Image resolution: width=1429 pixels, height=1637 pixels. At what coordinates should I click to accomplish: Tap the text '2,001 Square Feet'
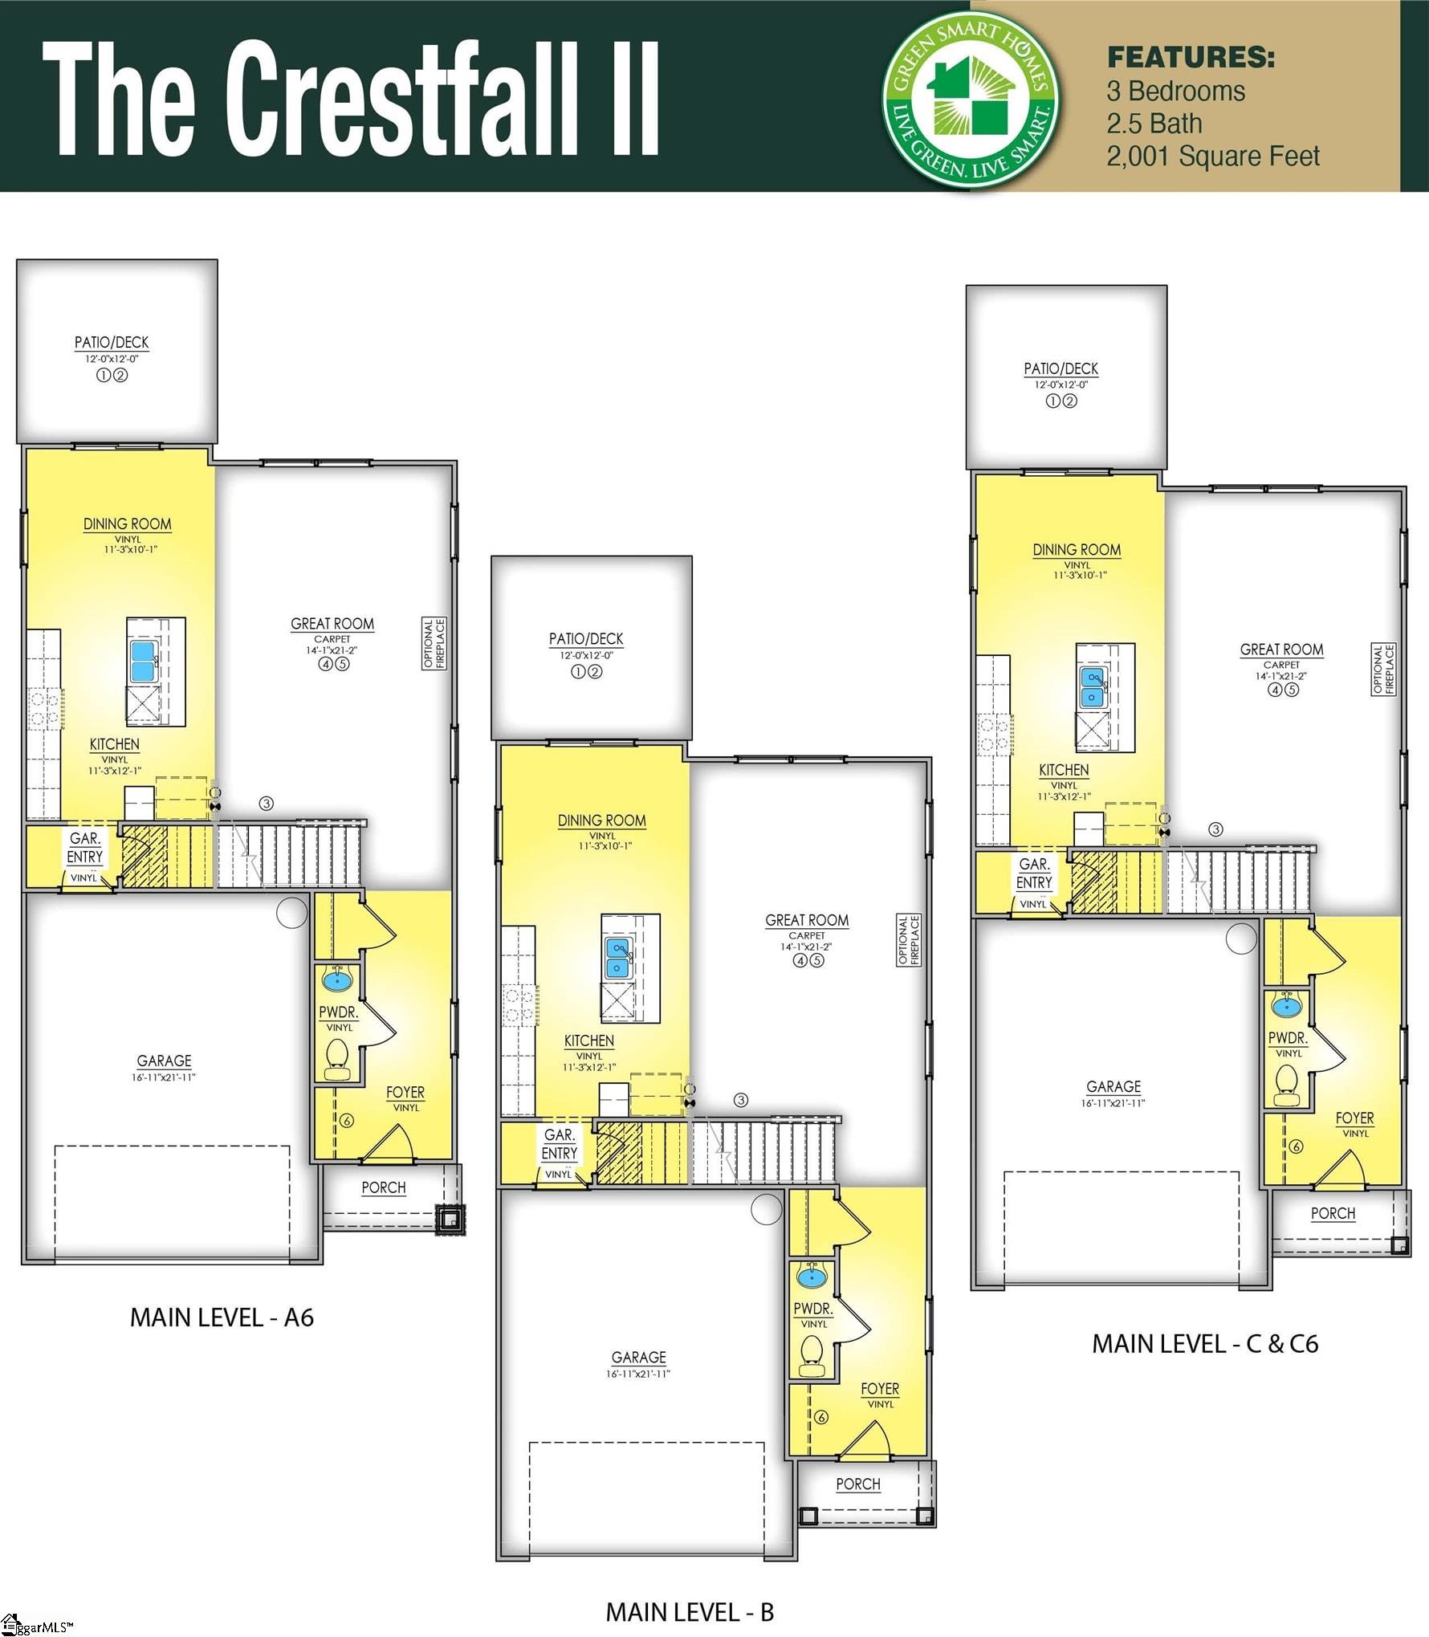1212,156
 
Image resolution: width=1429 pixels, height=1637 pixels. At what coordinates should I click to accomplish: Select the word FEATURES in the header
1191,57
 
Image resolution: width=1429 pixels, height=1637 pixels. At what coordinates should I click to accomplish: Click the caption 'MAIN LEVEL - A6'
222,1317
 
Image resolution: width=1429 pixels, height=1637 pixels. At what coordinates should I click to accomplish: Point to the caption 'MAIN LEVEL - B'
689,1612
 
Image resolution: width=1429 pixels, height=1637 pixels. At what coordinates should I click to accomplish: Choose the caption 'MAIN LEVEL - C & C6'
1204,1344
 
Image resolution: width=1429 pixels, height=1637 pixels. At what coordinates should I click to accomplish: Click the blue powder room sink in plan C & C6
1286,1004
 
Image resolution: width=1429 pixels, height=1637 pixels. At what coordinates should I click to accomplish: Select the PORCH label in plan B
857,1484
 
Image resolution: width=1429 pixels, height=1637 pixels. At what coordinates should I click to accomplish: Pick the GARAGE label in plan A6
164,1061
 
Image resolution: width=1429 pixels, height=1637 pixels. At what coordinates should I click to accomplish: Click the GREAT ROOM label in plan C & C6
1281,650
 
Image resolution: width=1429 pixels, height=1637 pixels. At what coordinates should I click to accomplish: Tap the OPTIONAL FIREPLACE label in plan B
909,939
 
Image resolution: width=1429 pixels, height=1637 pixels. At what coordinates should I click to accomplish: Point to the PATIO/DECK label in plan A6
112,342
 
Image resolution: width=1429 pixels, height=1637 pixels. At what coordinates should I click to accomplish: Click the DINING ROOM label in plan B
601,821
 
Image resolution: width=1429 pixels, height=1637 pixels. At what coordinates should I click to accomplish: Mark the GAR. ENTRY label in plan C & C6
1033,873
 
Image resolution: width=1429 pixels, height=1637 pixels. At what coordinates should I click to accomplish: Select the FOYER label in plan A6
405,1092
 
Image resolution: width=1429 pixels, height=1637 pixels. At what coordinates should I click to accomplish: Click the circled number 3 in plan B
741,1100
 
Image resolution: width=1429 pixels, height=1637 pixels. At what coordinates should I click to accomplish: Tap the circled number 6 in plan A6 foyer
347,1121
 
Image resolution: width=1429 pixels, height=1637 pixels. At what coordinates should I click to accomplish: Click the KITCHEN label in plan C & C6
1063,770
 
